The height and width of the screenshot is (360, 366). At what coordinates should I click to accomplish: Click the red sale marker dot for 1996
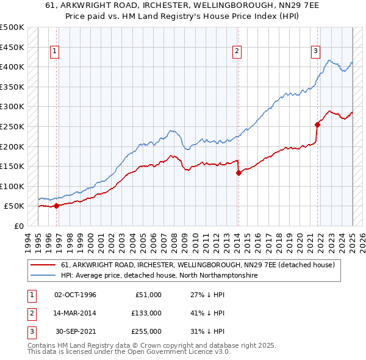pos(56,206)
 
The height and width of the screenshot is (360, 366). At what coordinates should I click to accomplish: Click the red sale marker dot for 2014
pos(239,173)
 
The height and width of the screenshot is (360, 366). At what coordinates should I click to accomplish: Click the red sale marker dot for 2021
pos(317,124)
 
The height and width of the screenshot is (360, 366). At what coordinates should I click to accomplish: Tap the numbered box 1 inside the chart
pos(54,52)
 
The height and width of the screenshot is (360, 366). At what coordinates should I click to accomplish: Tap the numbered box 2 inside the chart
pos(236,52)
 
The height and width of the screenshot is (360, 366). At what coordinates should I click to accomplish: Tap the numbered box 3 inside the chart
pos(315,52)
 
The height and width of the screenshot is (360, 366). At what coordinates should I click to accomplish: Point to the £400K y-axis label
pos(12,67)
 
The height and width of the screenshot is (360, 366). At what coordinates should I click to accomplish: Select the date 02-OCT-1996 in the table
pos(76,295)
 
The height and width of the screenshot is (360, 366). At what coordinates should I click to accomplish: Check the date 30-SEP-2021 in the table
pos(76,331)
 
